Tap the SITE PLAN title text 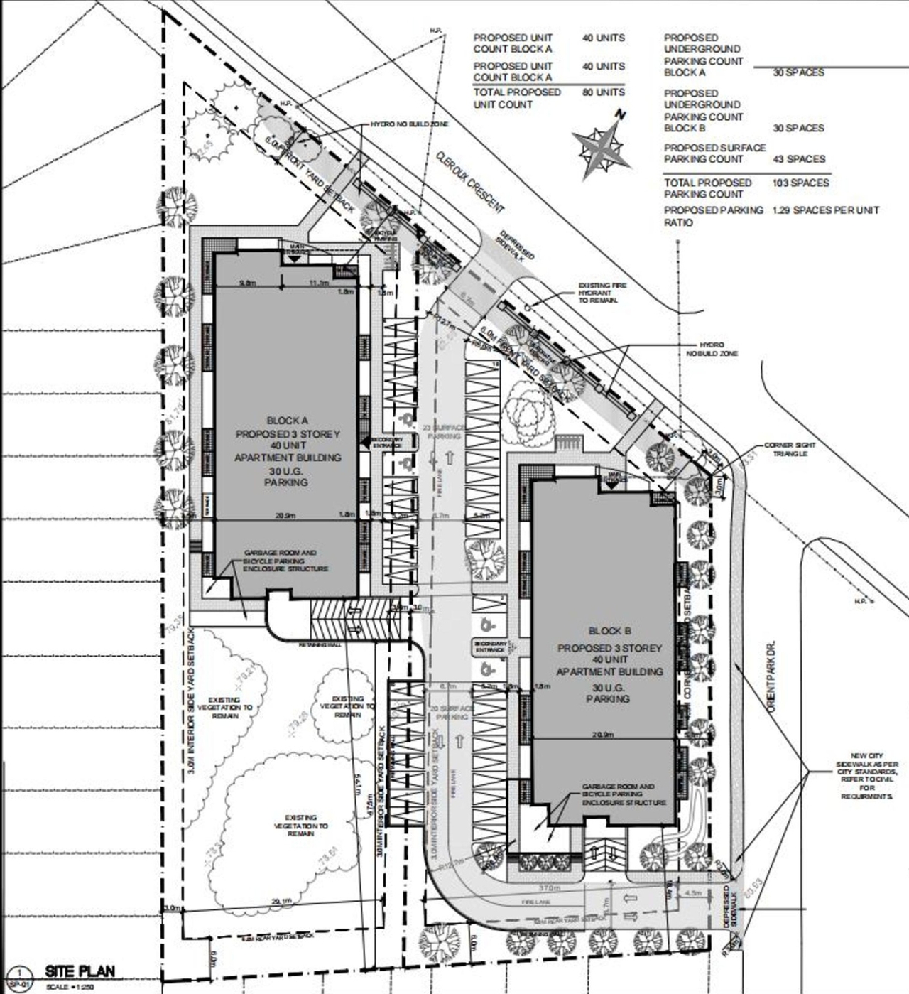click(80, 971)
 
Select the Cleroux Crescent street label click(471, 182)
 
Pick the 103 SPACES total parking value click(801, 183)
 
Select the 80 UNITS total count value click(603, 92)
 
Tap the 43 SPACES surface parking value click(799, 159)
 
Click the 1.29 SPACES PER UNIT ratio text click(825, 210)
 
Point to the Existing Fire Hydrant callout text click(602, 293)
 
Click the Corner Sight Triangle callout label click(790, 449)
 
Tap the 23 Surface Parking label click(445, 432)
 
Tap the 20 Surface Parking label click(450, 713)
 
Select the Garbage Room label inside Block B click(624, 794)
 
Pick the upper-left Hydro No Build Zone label click(410, 124)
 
